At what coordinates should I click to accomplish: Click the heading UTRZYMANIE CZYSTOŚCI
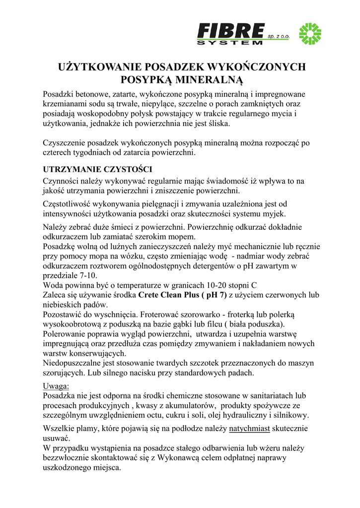[x=97, y=169]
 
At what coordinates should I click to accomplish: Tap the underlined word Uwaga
[x=56, y=386]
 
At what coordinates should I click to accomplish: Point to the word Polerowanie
[x=66, y=334]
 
